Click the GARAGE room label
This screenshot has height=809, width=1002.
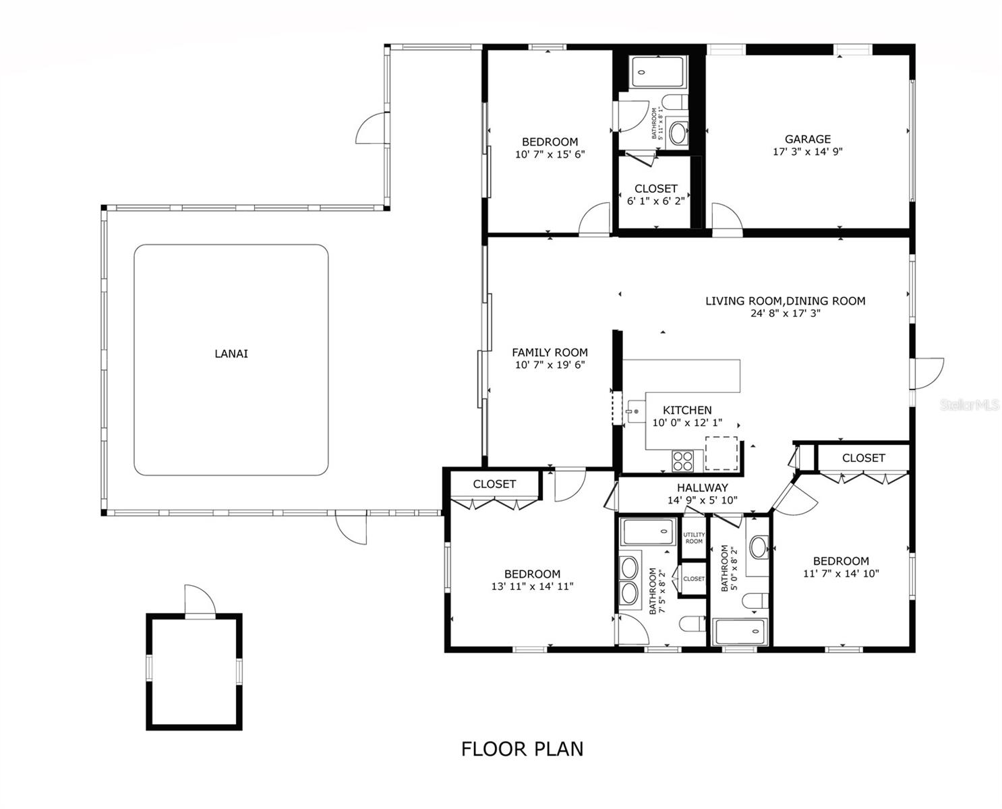click(807, 140)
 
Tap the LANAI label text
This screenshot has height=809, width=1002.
click(231, 353)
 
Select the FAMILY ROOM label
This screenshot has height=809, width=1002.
click(550, 352)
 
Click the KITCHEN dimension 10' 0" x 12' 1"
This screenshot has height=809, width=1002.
click(687, 423)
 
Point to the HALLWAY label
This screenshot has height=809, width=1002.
click(703, 487)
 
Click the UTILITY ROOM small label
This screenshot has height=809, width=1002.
click(694, 538)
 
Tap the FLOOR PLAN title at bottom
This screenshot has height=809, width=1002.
click(522, 749)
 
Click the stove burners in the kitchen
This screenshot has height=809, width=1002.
click(682, 461)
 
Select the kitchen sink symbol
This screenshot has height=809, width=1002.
click(635, 411)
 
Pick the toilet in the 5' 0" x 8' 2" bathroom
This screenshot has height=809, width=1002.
click(756, 599)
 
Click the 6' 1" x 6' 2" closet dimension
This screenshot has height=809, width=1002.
click(655, 201)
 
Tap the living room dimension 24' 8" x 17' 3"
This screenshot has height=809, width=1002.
click(785, 313)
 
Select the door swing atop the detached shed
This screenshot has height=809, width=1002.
click(200, 600)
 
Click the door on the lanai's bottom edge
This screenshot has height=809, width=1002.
click(351, 527)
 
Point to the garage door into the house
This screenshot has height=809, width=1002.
click(727, 219)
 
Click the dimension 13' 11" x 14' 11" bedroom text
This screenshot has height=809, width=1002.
click(532, 587)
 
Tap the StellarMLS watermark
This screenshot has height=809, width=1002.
click(970, 404)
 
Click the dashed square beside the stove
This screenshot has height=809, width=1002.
click(721, 453)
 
